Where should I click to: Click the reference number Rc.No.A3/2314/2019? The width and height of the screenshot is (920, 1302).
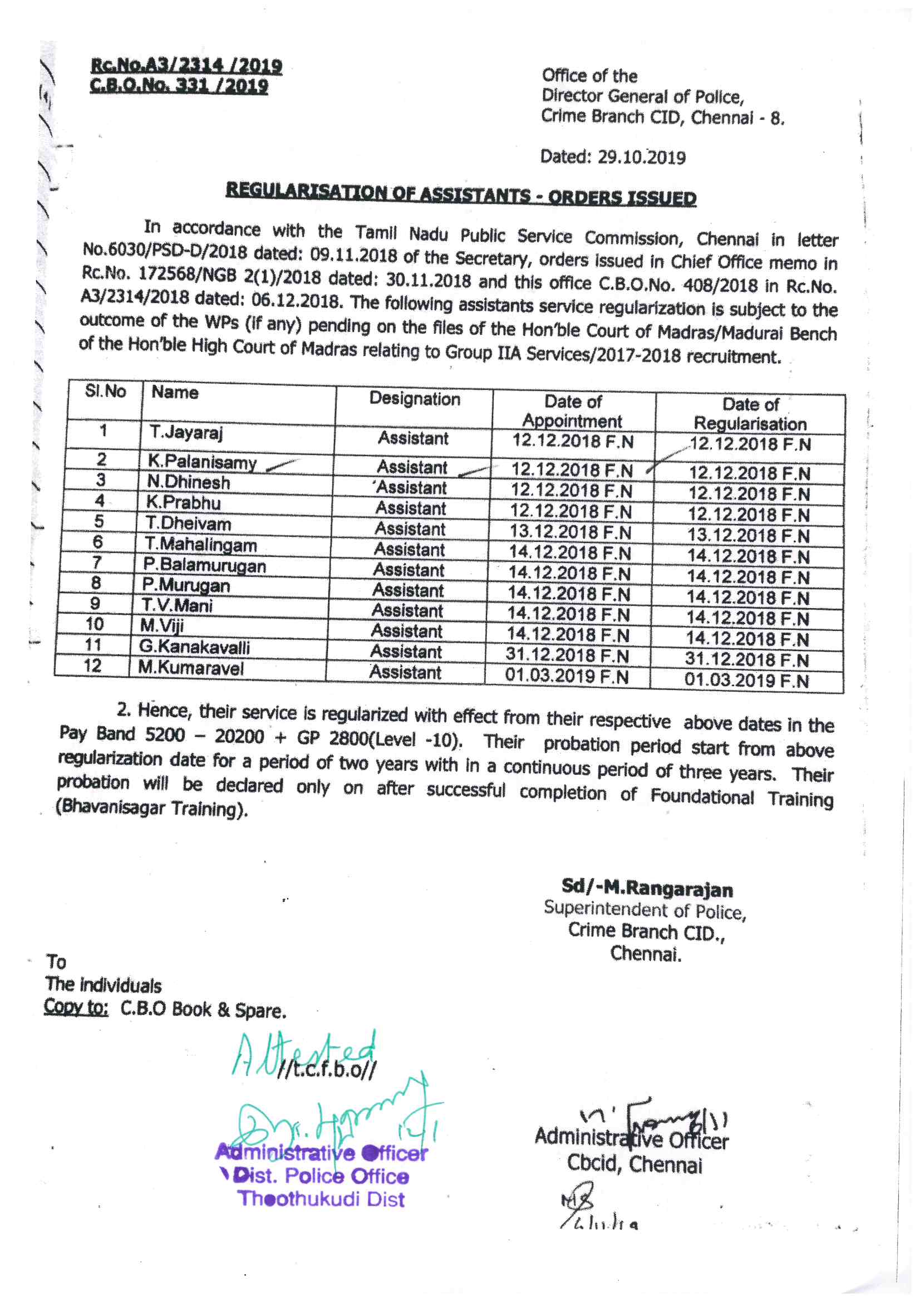point(186,65)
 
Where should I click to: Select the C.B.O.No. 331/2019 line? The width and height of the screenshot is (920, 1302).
point(179,86)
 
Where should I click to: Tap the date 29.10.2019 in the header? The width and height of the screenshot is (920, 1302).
point(641,157)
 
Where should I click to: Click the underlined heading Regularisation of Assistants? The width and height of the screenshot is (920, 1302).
point(460,193)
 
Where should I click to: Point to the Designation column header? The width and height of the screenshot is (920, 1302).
point(415,399)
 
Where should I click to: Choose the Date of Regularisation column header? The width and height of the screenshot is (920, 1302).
point(750,414)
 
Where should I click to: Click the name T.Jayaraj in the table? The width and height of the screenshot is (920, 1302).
point(186,433)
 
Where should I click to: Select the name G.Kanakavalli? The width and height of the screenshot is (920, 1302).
point(194,647)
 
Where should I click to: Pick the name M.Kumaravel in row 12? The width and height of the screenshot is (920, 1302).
point(190,668)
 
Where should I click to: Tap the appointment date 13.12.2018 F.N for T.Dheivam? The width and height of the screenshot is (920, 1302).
point(570,532)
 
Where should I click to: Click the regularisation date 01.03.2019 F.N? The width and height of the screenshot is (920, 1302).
point(746,680)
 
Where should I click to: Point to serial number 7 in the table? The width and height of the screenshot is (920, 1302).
point(97,562)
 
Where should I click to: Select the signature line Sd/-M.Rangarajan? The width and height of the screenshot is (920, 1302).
point(647,888)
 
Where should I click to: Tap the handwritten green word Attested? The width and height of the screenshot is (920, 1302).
point(304,1055)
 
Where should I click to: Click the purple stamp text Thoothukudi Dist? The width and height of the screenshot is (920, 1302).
point(321,1200)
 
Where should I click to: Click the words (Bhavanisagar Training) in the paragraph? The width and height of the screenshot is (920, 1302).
point(152,808)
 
